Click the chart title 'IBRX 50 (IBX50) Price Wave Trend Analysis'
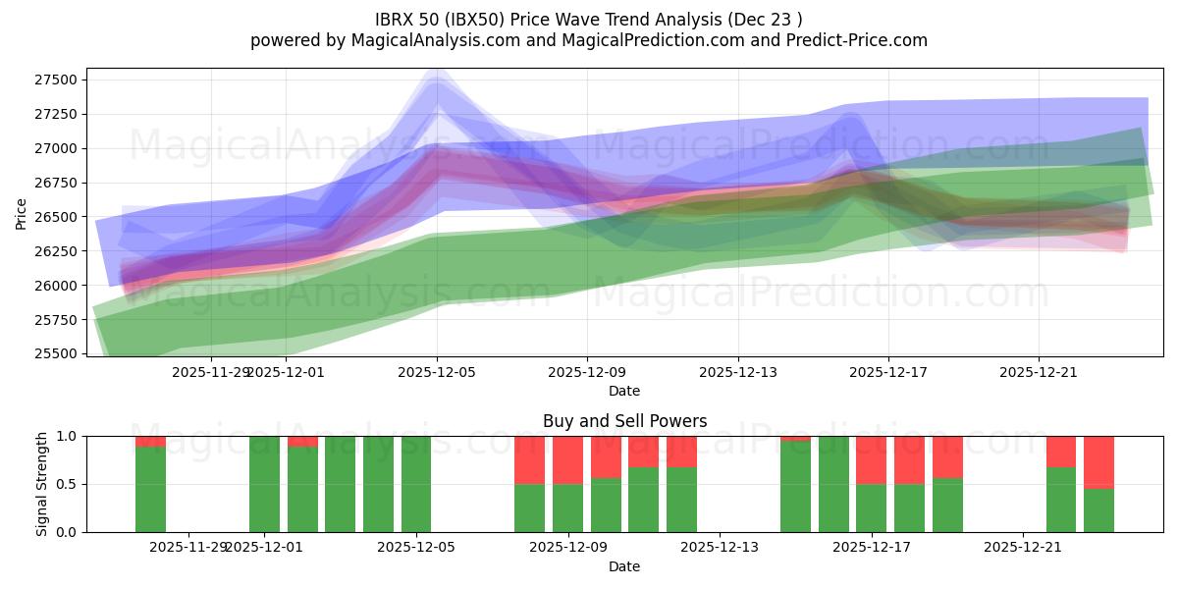click(x=589, y=19)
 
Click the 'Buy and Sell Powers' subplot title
click(x=624, y=421)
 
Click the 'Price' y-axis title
click(x=21, y=212)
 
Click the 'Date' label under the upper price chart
click(x=624, y=391)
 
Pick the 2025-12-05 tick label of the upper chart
click(x=437, y=372)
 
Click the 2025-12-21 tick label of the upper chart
click(x=1039, y=372)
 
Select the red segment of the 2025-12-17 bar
click(x=871, y=459)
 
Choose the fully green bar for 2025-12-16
click(x=833, y=484)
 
